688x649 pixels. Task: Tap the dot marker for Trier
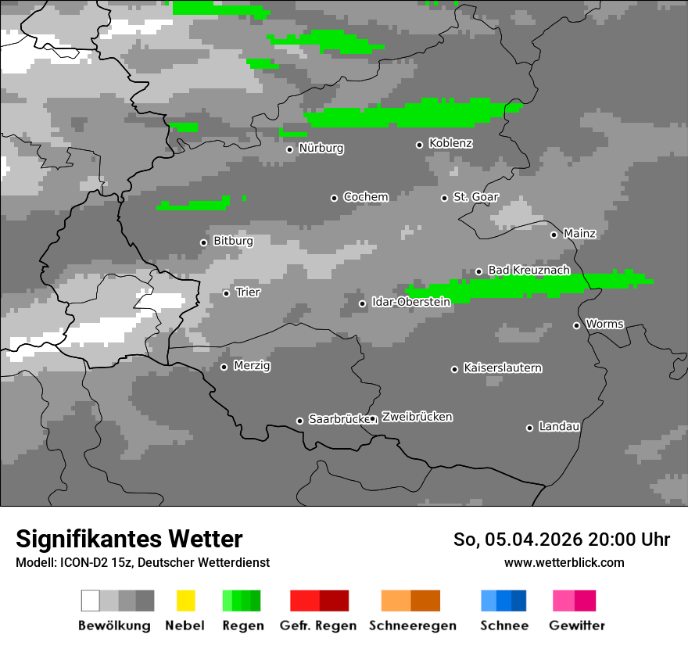[x=227, y=293]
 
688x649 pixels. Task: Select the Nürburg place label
[x=321, y=148]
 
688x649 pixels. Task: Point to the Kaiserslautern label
[x=503, y=368]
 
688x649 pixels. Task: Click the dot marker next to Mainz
[x=554, y=235]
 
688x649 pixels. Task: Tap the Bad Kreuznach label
[x=529, y=270]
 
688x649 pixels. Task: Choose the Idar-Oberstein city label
[x=411, y=302]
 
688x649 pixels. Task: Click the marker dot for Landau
[x=529, y=428]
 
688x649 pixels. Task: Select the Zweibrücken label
[x=417, y=417]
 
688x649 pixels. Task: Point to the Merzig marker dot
[x=224, y=367]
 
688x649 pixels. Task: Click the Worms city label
[x=604, y=324]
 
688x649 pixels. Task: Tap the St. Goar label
[x=476, y=197]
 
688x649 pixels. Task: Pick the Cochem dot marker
[x=334, y=198]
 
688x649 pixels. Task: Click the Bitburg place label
[x=233, y=241]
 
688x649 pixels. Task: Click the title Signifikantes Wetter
[x=129, y=539]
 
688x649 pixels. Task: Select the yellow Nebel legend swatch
[x=185, y=601]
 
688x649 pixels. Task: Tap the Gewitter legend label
[x=577, y=626]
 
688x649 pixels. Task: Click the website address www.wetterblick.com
[x=564, y=562]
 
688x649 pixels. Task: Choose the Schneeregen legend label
[x=413, y=626]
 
